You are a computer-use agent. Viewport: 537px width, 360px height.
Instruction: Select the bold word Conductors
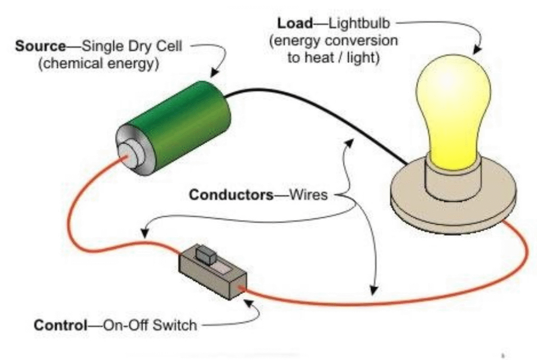pos(231,195)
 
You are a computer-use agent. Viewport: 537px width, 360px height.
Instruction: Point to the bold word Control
pos(60,325)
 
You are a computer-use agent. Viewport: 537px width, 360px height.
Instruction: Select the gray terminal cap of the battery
pos(129,152)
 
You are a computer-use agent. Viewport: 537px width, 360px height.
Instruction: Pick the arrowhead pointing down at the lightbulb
pos(477,50)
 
